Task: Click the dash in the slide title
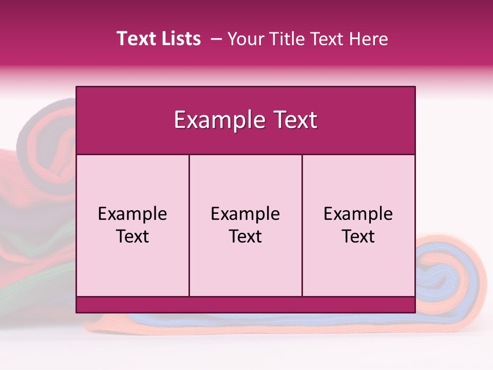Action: (216, 39)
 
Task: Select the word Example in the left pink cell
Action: (132, 214)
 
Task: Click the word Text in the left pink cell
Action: (132, 236)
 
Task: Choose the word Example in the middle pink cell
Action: (245, 214)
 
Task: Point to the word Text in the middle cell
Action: (245, 236)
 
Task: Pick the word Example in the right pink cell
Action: (358, 214)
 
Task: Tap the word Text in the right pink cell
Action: (358, 236)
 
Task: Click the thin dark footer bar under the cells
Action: (245, 305)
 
